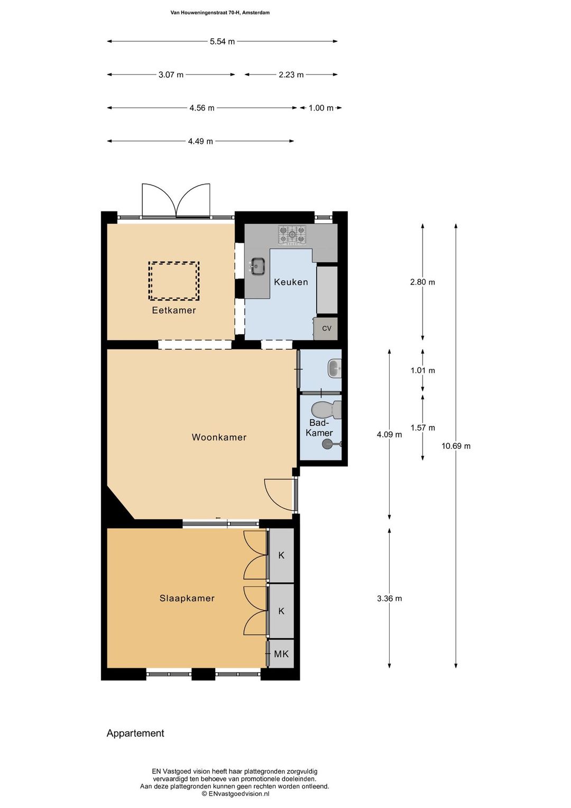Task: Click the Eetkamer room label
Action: (x=174, y=310)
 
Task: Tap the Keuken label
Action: (x=291, y=282)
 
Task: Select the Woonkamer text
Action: (x=219, y=437)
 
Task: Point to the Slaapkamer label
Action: (x=187, y=598)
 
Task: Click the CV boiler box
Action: (x=326, y=328)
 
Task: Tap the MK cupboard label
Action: (x=281, y=654)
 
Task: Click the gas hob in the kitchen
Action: (x=292, y=235)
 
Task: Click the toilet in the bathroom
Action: (x=326, y=410)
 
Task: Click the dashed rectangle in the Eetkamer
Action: (x=174, y=281)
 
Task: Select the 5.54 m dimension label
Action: (x=222, y=41)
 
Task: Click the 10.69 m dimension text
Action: (x=456, y=446)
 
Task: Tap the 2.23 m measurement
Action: (x=291, y=75)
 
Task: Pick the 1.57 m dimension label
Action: (x=423, y=428)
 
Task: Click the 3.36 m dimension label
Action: (x=390, y=599)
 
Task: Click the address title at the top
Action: (x=220, y=13)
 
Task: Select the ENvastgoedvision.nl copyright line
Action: (x=236, y=794)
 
